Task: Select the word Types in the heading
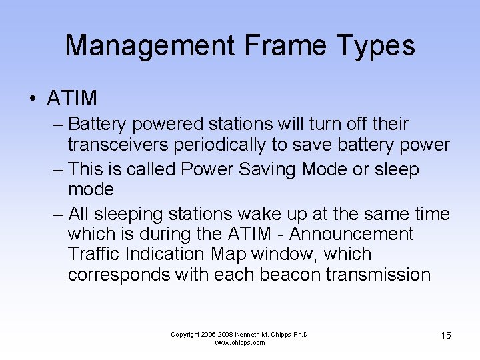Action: pyautogui.click(x=381, y=45)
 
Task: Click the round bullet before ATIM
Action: pyautogui.click(x=32, y=99)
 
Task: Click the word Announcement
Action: pyautogui.click(x=351, y=234)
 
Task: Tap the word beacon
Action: pyautogui.click(x=291, y=274)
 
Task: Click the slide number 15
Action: pyautogui.click(x=445, y=335)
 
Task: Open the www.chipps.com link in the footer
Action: pyautogui.click(x=240, y=343)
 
